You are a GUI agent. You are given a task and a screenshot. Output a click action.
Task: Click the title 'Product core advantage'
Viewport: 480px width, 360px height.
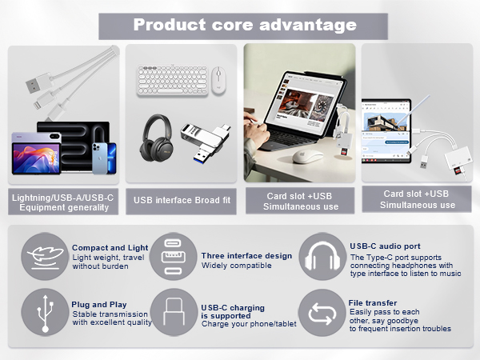244,24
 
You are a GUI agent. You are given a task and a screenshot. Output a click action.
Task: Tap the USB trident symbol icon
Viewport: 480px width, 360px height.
44,312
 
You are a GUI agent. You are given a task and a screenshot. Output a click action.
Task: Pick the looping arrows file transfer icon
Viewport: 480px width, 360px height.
322,312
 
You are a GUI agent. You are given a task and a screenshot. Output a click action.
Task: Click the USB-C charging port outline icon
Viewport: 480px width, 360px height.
174,312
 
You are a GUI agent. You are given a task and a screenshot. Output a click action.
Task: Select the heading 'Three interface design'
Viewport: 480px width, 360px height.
246,255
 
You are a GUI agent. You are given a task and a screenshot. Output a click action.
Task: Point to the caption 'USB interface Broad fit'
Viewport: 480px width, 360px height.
181,200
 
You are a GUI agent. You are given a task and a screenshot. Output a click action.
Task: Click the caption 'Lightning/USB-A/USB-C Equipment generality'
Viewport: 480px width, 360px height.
62,202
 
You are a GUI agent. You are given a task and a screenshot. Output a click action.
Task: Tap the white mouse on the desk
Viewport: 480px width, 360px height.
306,156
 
